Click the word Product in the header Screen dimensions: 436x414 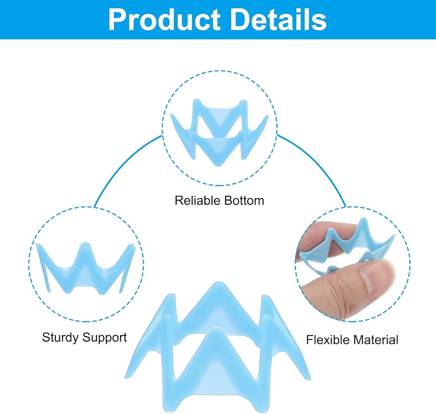(x=164, y=20)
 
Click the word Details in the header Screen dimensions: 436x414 (x=279, y=19)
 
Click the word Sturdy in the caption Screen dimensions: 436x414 (x=60, y=338)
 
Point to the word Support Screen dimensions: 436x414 (x=105, y=338)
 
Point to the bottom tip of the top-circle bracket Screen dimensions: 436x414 (x=218, y=165)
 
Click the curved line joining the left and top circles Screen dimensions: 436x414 (x=123, y=164)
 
